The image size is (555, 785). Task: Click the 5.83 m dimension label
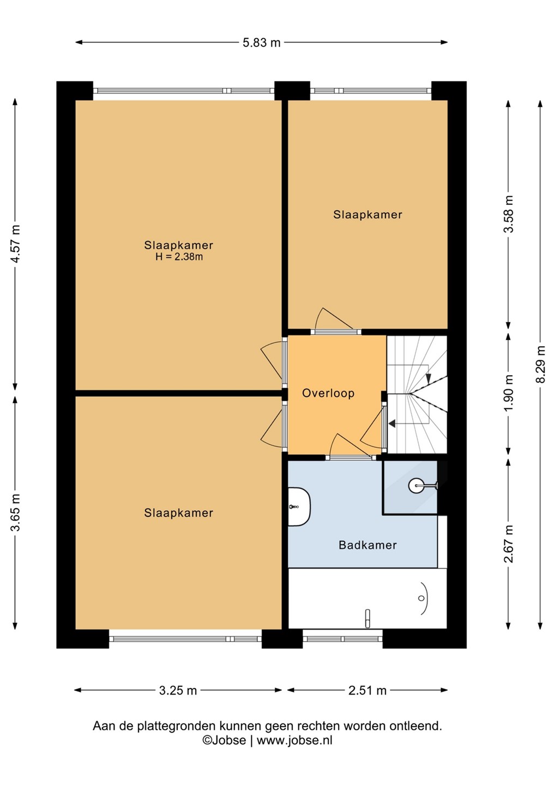point(261,43)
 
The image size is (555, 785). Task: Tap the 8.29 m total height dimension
point(541,365)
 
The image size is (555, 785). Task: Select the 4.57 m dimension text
point(15,243)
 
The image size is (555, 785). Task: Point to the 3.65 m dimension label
point(15,512)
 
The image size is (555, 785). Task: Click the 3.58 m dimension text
point(509,214)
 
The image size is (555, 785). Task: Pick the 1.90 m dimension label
point(509,393)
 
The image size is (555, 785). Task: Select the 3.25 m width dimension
point(178,691)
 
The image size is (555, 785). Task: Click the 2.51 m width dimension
point(367,691)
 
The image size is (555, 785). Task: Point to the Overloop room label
point(328,393)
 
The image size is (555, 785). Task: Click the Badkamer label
point(367,545)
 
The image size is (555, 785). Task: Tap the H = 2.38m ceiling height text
point(179,257)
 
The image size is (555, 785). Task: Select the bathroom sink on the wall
point(299,506)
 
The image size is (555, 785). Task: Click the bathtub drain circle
point(421,598)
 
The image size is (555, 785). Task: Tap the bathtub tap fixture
point(367,619)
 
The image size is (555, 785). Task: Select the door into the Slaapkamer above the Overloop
point(334,319)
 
